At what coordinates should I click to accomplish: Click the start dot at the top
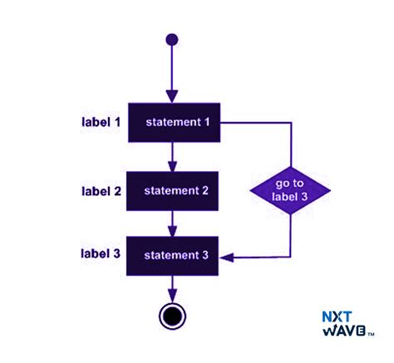click(x=172, y=39)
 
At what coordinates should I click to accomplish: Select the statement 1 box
click(x=172, y=123)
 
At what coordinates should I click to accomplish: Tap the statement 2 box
click(x=172, y=191)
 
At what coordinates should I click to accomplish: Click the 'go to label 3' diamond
click(x=291, y=191)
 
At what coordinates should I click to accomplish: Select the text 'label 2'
click(x=101, y=191)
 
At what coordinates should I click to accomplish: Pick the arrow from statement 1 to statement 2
click(x=172, y=155)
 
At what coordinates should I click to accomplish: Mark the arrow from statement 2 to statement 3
click(x=172, y=223)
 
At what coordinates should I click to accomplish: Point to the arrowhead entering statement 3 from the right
click(x=228, y=258)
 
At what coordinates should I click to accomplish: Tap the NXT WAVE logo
click(x=347, y=323)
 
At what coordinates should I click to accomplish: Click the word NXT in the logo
click(x=338, y=316)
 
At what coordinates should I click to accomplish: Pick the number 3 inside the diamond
click(x=305, y=197)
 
